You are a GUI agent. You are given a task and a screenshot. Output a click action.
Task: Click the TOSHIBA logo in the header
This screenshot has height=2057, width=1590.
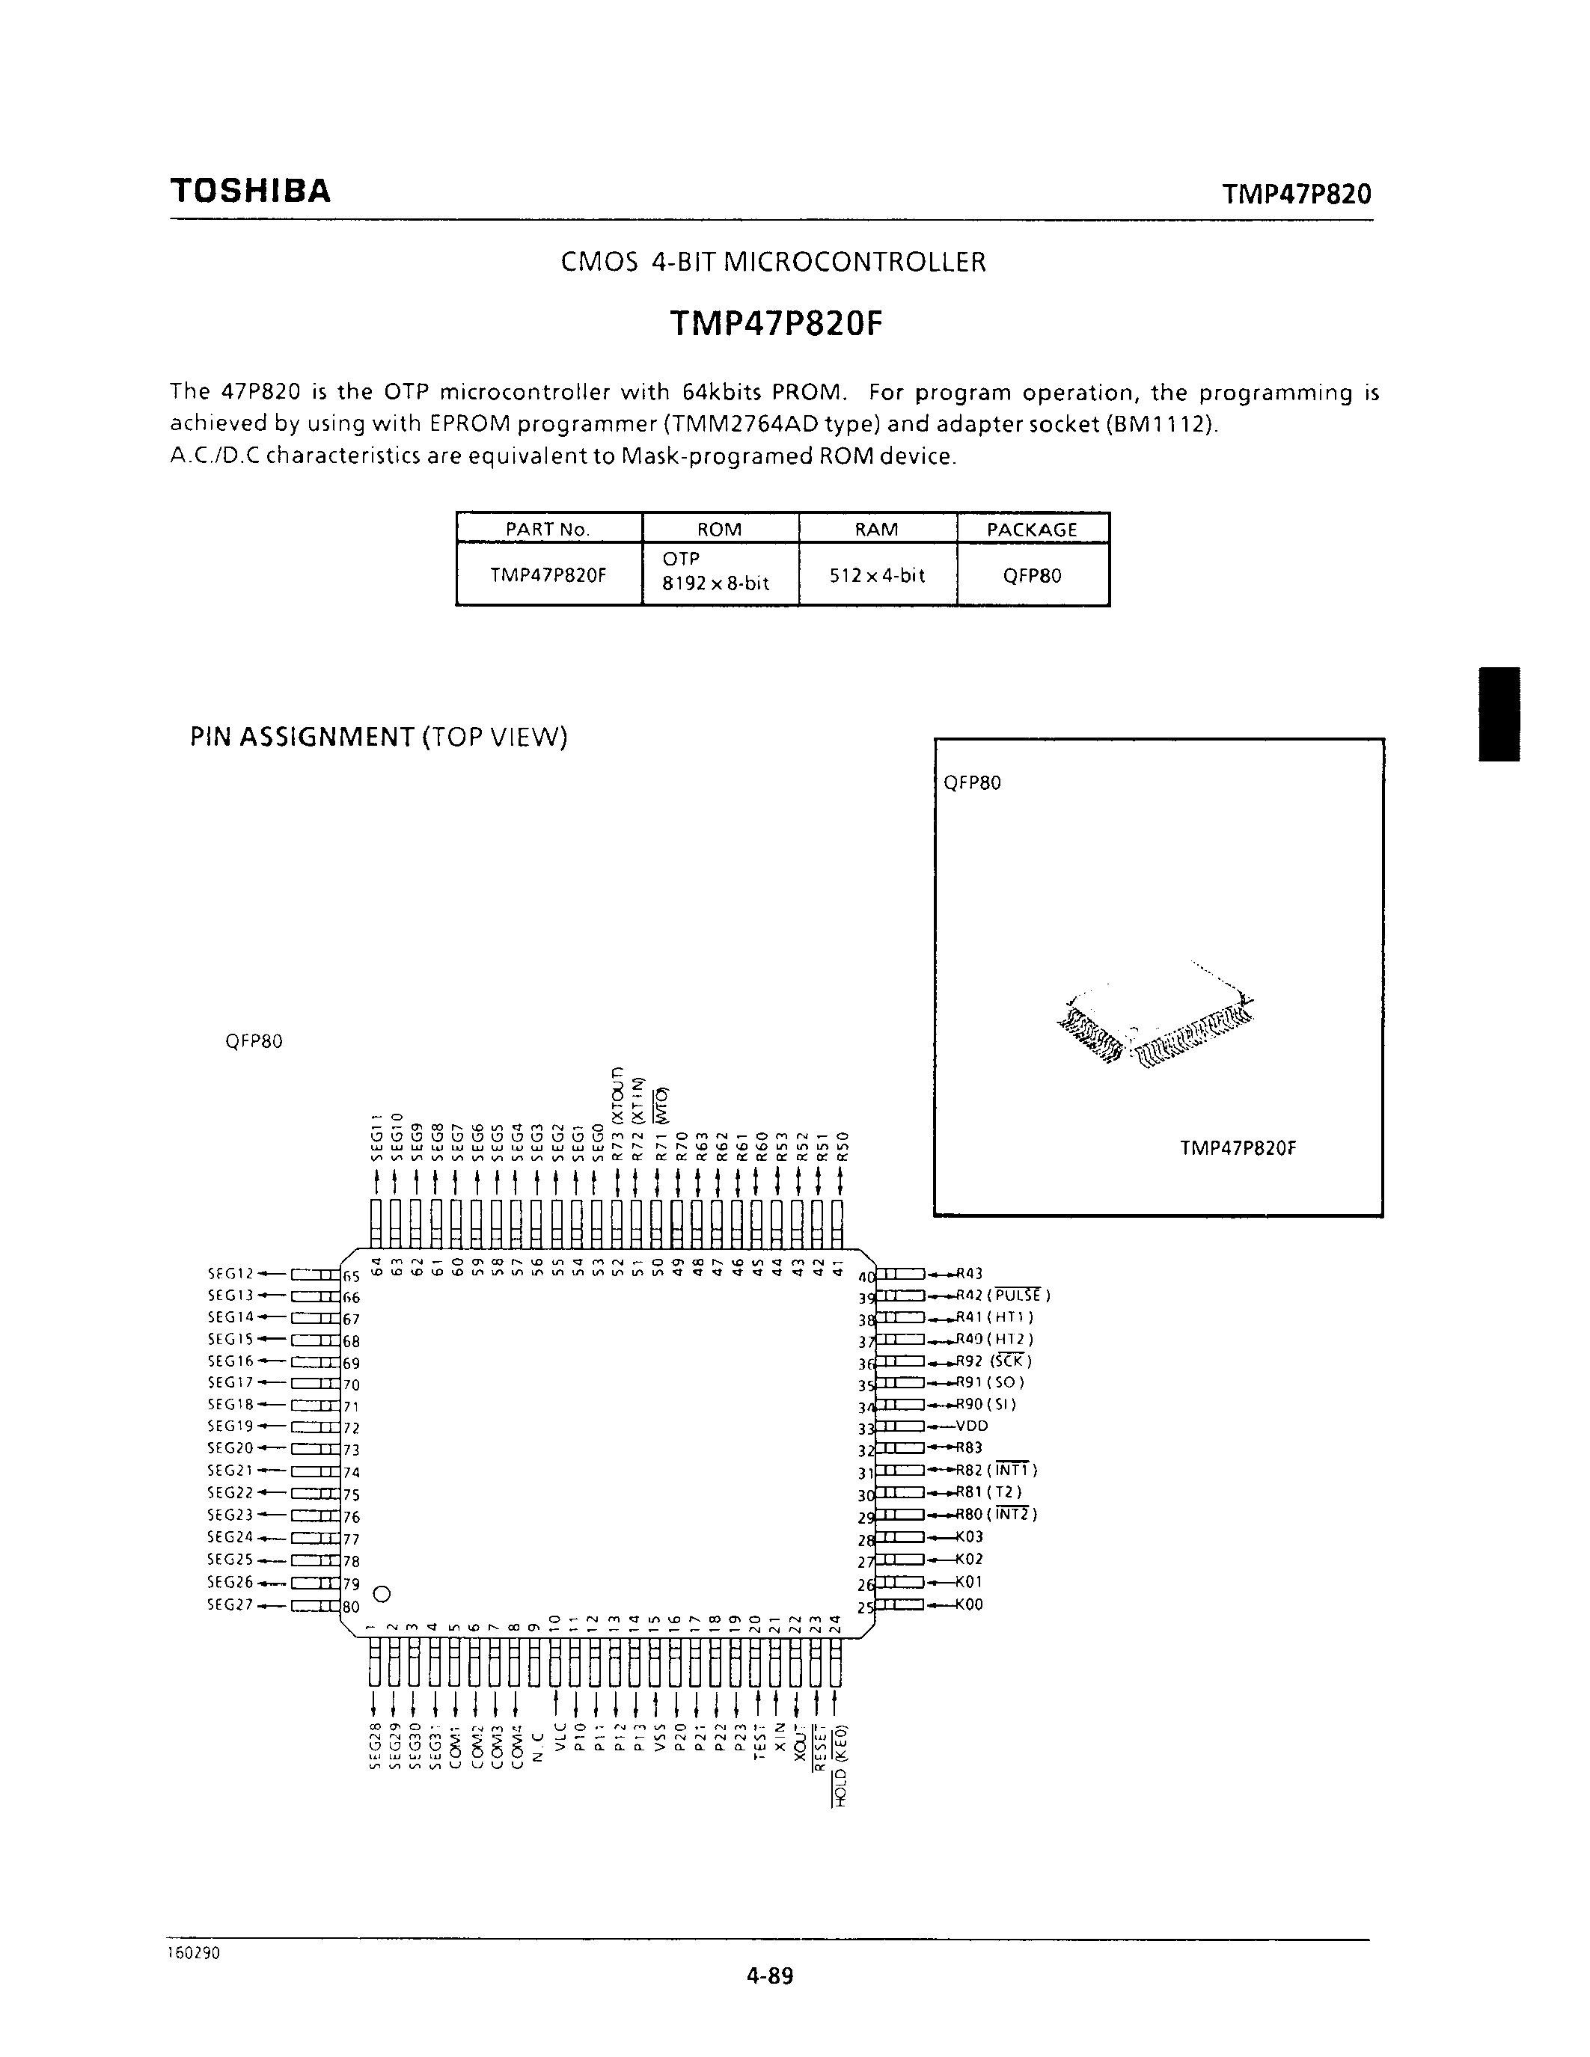(x=251, y=191)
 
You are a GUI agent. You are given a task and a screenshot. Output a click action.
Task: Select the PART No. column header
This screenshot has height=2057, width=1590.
(x=547, y=530)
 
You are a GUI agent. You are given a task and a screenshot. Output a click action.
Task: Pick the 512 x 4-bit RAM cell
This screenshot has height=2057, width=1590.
(x=877, y=574)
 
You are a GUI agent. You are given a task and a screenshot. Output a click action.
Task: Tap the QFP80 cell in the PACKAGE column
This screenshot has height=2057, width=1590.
(x=1033, y=575)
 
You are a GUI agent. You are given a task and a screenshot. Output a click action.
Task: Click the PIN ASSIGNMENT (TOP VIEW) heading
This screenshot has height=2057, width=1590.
(x=379, y=737)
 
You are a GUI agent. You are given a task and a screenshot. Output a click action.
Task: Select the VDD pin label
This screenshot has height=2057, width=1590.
(x=971, y=1426)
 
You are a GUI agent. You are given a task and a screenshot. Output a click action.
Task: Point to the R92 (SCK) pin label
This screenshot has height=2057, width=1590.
(x=994, y=1361)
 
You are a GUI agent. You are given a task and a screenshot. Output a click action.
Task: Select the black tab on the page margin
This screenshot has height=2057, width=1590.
(x=1499, y=714)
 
